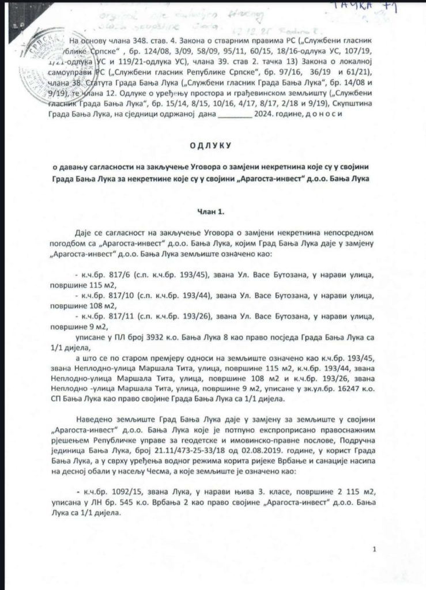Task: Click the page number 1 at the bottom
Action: point(374,550)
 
